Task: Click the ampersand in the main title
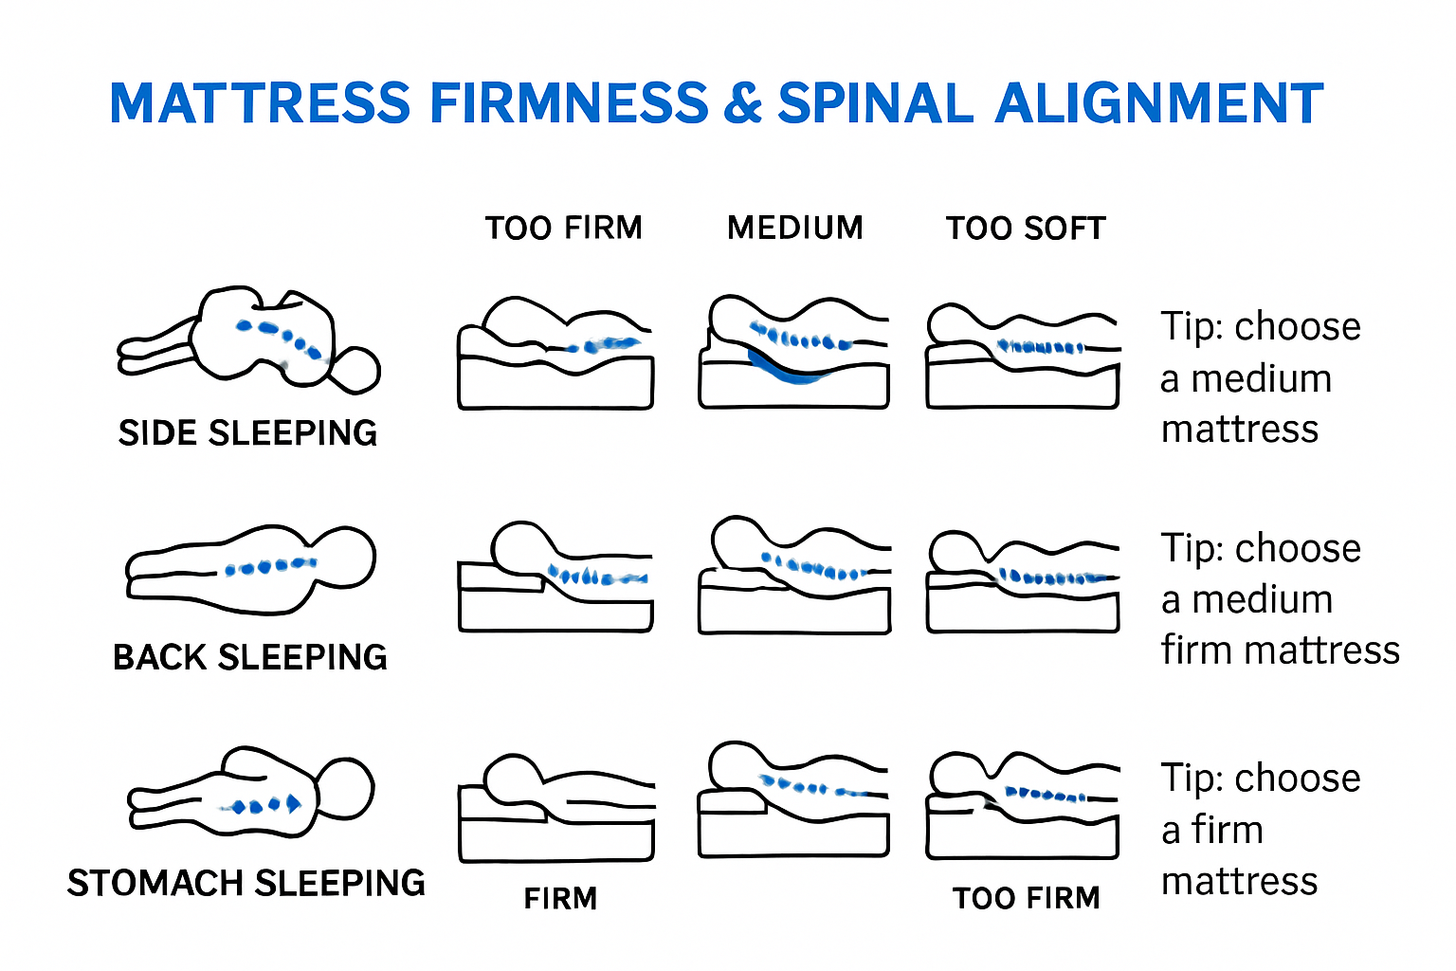742,103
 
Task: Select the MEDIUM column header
794,228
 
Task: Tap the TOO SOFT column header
1026,228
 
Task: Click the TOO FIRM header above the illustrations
563,228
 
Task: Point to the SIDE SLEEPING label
247,433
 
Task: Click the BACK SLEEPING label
249,657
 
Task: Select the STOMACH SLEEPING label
246,883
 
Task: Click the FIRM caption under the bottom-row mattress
560,898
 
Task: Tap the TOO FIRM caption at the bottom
1026,898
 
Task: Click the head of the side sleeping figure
355,370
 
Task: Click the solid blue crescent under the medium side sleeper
787,371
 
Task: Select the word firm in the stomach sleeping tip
1227,831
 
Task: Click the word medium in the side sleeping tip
1261,379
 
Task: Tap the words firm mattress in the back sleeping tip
1280,650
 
